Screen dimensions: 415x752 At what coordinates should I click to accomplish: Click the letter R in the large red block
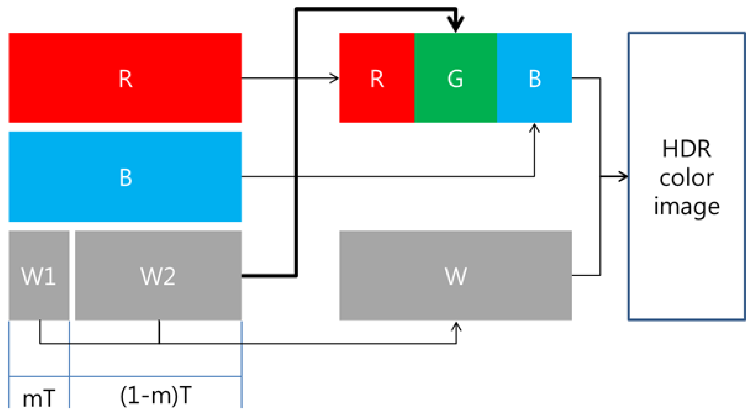click(x=125, y=79)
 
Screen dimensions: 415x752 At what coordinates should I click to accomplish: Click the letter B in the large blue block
click(x=125, y=177)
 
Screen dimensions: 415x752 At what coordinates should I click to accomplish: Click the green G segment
click(x=455, y=78)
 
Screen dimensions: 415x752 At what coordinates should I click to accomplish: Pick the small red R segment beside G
click(x=377, y=78)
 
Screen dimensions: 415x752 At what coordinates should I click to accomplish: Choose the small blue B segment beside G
click(x=535, y=78)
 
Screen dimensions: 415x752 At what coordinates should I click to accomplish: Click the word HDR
click(x=686, y=149)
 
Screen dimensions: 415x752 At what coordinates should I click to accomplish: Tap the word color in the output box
click(x=686, y=178)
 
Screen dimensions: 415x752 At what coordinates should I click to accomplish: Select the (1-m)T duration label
click(x=156, y=396)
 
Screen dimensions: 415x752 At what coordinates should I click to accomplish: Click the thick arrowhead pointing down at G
click(x=456, y=24)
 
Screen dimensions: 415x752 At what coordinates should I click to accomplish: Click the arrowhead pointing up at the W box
click(x=456, y=326)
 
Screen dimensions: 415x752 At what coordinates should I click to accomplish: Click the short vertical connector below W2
click(x=159, y=332)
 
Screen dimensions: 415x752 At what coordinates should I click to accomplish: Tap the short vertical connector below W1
click(x=40, y=332)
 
